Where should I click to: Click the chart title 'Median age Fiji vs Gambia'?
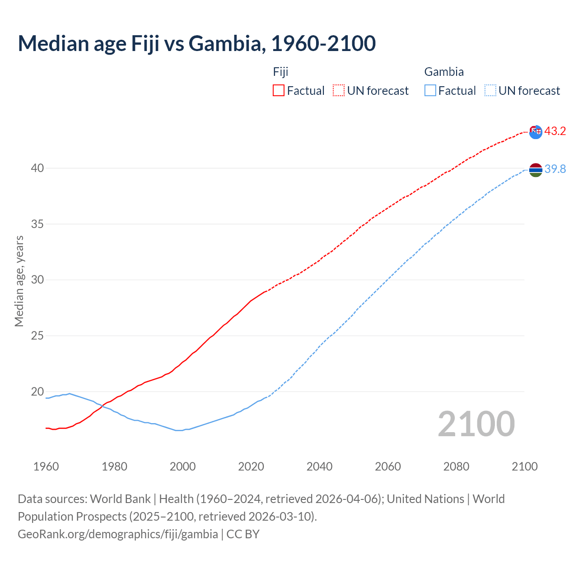tap(196, 44)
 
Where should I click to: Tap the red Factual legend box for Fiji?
tap(279, 91)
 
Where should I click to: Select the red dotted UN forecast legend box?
tap(339, 91)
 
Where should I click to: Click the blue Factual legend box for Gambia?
tap(430, 91)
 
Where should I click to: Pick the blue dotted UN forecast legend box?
tap(490, 91)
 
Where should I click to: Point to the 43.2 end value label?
tap(555, 131)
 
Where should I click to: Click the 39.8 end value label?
tap(555, 169)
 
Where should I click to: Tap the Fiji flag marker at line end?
tap(536, 132)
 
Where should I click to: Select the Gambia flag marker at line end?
tap(536, 170)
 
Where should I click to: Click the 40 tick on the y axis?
tap(37, 168)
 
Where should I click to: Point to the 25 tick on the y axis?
tap(37, 336)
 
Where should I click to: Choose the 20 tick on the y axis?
tap(37, 392)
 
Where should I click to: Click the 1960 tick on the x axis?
tap(46, 466)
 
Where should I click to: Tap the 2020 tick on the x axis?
tap(251, 466)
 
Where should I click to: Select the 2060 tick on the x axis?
tap(388, 466)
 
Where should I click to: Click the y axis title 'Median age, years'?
tap(19, 281)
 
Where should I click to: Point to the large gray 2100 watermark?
tap(476, 424)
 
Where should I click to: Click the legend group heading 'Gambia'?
tap(444, 72)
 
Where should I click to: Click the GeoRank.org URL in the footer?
tap(118, 534)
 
